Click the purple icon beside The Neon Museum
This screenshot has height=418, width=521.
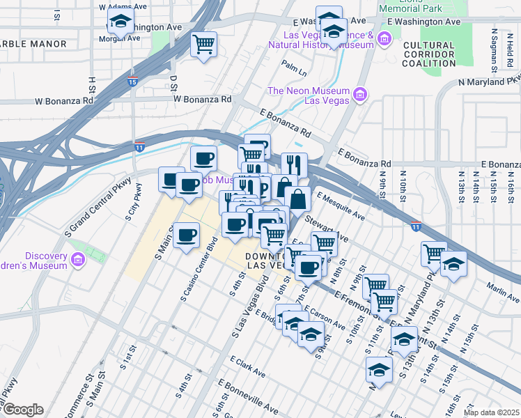360,94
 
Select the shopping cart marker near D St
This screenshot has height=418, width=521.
203,45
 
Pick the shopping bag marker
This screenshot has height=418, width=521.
297,199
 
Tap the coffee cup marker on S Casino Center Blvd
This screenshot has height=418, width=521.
185,235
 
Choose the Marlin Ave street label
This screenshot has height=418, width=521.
504,295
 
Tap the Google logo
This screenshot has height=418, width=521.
22,409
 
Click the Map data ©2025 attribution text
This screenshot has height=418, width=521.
491,412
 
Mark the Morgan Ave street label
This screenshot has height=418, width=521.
120,38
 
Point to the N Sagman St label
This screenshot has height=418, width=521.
495,49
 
